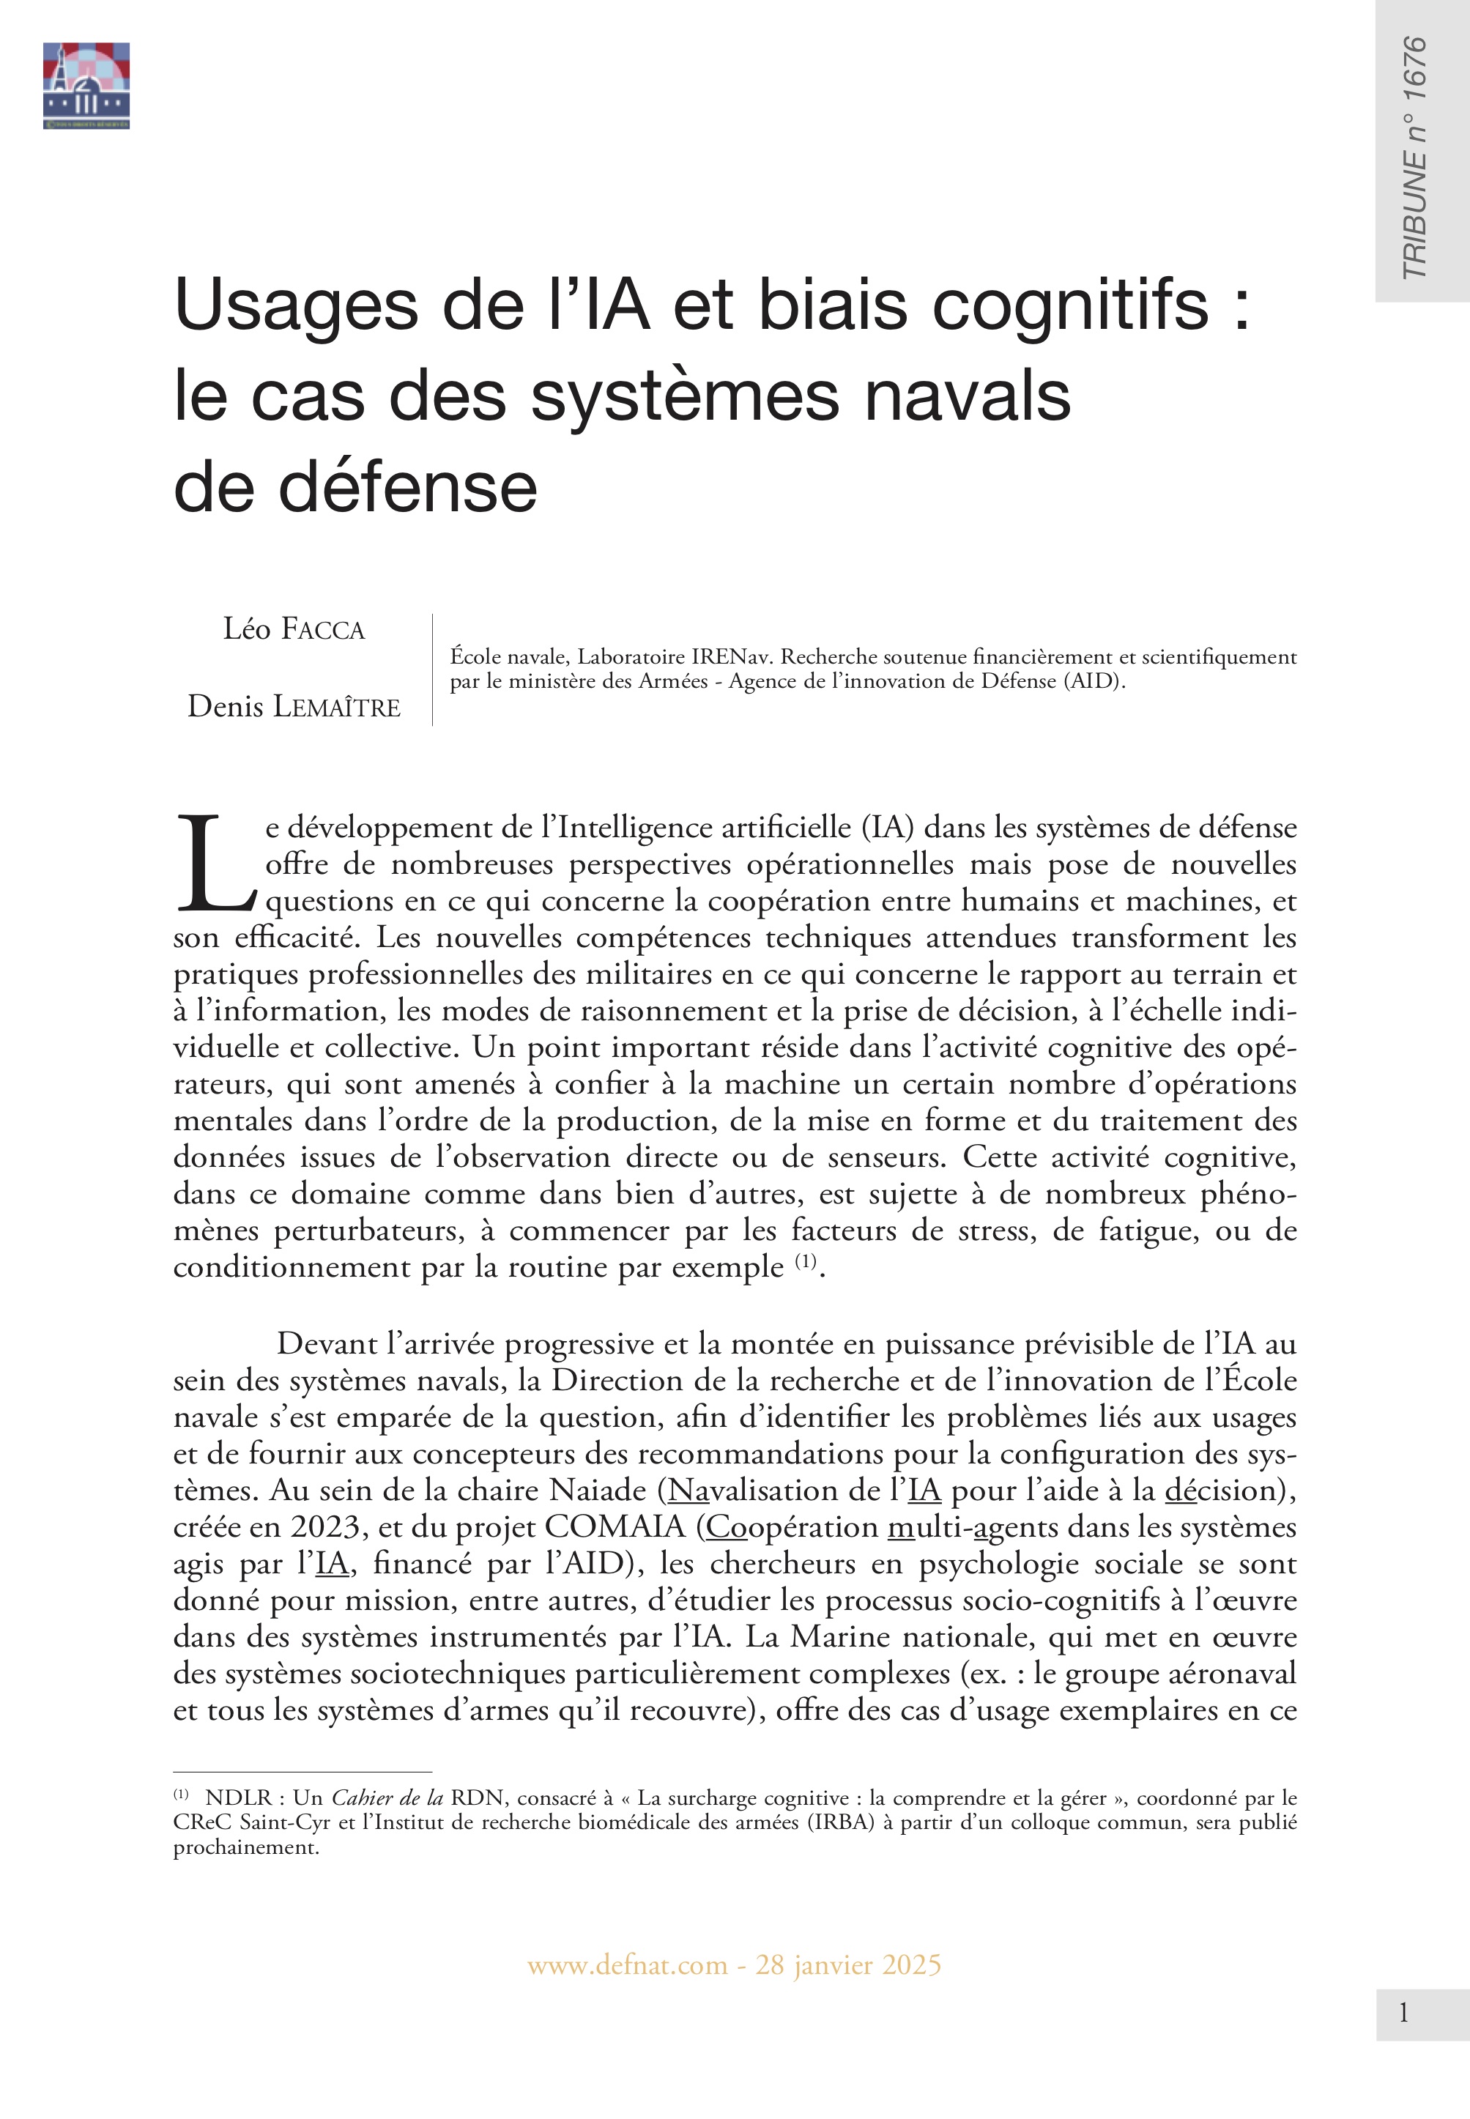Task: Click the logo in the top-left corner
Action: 86,86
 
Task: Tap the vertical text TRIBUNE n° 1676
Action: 1414,157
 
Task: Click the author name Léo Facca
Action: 294,630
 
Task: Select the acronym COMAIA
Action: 615,1527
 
